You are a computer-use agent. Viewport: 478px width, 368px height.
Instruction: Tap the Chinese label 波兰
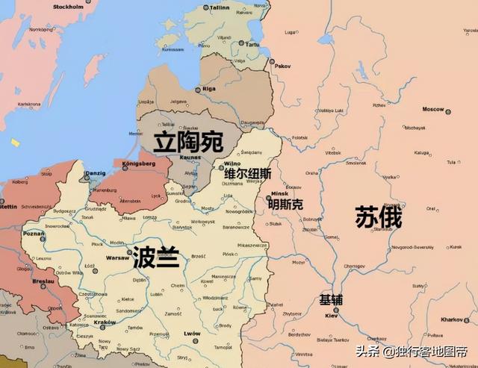156,258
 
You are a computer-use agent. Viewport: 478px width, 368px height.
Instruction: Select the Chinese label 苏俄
378,216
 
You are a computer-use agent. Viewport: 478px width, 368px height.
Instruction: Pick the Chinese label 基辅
331,299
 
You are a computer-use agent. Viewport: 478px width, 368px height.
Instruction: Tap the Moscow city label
433,109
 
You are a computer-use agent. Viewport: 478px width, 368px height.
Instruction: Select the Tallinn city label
219,7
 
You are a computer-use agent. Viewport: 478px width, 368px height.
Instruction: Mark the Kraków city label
106,322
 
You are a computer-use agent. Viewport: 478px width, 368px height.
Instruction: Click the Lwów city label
193,334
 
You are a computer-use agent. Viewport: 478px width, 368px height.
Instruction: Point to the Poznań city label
34,233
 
